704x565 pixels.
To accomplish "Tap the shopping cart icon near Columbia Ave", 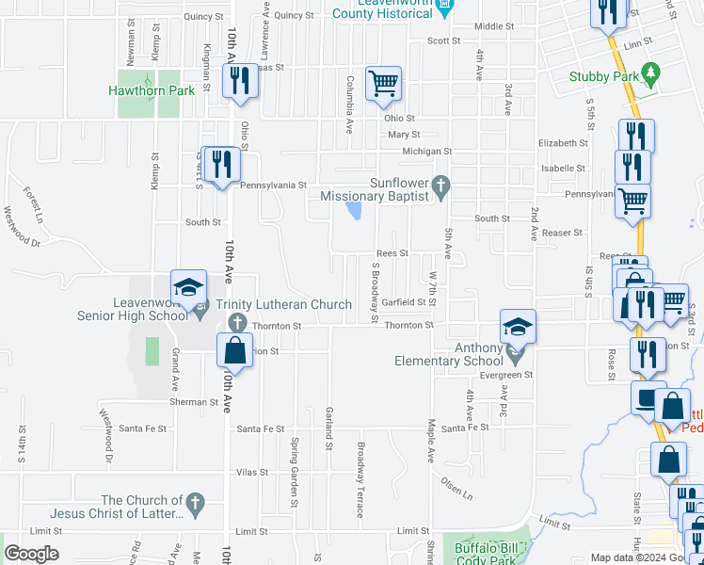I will (x=384, y=84).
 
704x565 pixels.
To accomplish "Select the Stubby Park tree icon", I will (x=649, y=73).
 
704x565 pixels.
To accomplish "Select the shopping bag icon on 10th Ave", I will (x=234, y=350).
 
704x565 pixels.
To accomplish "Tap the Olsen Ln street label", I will (x=456, y=488).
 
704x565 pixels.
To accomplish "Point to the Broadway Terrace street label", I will (x=360, y=479).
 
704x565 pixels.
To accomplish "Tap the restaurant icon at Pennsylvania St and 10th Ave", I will (x=221, y=165).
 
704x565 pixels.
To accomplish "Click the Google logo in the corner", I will (x=31, y=554).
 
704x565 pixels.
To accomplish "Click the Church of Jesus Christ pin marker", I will (x=195, y=502).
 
